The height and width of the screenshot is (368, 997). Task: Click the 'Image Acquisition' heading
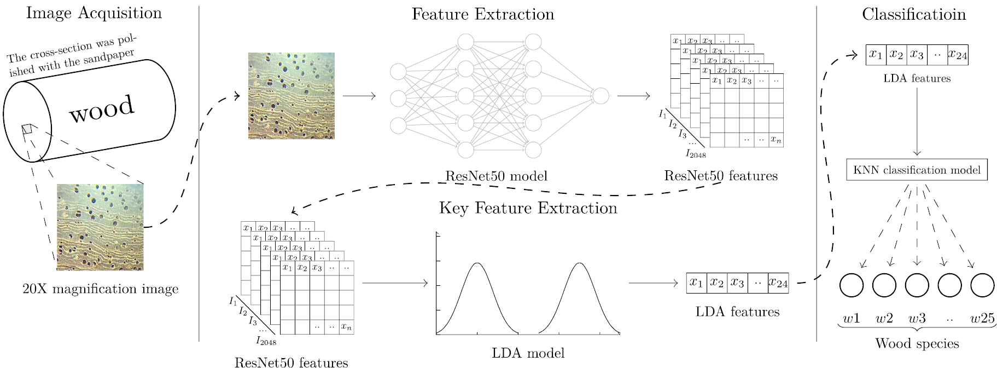[x=94, y=13]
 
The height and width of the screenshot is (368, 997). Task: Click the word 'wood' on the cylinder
[x=102, y=108]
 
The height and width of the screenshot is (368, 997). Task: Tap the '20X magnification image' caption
[x=101, y=289]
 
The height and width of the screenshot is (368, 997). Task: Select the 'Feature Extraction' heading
[x=482, y=14]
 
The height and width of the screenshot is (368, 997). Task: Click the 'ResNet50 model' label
[x=496, y=176]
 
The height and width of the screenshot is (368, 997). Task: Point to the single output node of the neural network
[x=600, y=96]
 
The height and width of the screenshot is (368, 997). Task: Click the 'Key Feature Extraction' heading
[x=528, y=208]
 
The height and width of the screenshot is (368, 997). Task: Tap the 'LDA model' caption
[x=528, y=353]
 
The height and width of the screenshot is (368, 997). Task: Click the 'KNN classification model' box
[x=917, y=170]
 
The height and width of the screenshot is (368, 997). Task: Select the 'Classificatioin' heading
[x=914, y=14]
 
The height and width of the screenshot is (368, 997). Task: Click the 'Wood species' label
[x=917, y=344]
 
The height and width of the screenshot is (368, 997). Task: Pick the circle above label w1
[x=851, y=285]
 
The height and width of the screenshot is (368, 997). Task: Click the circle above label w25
[x=982, y=285]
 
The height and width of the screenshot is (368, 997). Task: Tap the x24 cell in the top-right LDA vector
[x=958, y=55]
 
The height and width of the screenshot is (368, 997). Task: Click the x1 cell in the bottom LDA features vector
[x=696, y=283]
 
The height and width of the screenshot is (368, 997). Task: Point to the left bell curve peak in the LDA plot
[x=477, y=263]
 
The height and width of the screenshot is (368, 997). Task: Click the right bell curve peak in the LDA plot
[x=579, y=263]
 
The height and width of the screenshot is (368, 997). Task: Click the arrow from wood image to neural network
[x=359, y=96]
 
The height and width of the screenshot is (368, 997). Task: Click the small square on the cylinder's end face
[x=26, y=129]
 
